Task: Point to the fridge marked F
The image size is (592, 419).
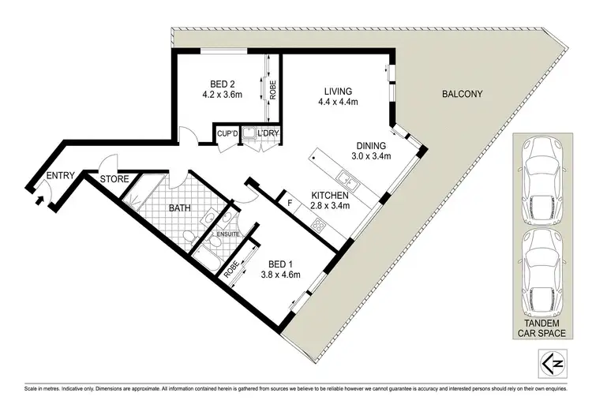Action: (x=290, y=202)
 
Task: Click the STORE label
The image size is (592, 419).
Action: (x=114, y=179)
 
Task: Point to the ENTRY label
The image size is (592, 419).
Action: (x=62, y=175)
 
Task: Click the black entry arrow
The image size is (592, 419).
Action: (x=39, y=200)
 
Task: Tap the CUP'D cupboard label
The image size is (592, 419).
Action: (x=228, y=135)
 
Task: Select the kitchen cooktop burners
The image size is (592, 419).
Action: (x=320, y=225)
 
